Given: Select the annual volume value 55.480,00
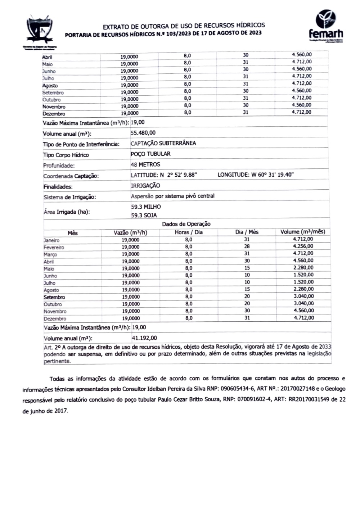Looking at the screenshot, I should coord(143,133).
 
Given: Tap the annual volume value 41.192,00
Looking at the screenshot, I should coord(144,338).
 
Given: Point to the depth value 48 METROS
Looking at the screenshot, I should coord(145,164).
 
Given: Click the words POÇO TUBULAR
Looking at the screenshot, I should coord(150,154).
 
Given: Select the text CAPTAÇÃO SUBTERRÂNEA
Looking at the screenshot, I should coord(163,143).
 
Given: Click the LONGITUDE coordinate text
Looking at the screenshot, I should coord(256,175).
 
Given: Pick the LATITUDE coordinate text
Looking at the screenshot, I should coord(164,175).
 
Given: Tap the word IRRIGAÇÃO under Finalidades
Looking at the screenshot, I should coord(145,186).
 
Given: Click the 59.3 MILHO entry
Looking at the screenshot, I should coord(146,207).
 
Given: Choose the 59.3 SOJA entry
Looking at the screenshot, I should coord(144,216).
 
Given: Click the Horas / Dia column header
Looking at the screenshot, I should coord(189,232).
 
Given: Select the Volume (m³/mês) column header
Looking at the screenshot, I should coord(303,232).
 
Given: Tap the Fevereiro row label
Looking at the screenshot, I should coord(54,248).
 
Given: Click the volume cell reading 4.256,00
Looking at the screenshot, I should coord(303,247).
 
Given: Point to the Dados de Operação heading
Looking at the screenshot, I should coord(186,224).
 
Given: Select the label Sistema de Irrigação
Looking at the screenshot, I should coord(69,197).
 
